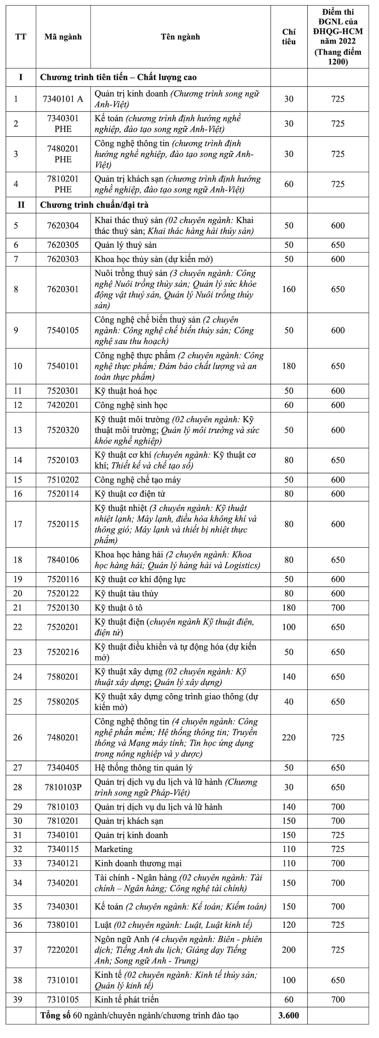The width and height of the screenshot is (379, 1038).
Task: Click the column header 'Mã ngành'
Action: point(63,37)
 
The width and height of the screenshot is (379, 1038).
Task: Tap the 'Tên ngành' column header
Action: point(180,37)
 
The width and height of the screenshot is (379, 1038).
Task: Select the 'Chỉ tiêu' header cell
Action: point(289,37)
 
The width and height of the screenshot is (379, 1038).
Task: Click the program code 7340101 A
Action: point(63,99)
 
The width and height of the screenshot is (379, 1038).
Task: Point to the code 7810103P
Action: point(63,787)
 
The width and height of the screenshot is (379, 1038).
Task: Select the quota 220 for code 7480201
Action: point(289,737)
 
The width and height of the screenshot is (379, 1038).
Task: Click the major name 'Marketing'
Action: point(113,849)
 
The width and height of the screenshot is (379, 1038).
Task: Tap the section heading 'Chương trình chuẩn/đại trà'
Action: point(94,205)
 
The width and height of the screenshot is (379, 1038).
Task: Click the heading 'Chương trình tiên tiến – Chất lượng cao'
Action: point(118,77)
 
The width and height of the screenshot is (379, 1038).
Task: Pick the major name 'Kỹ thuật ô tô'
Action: point(119,607)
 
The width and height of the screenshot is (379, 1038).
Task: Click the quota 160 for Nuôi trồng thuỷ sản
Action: point(289,289)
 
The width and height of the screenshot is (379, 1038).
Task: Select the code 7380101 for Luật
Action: point(63,925)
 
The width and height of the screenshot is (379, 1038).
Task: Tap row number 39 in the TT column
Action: point(18,1000)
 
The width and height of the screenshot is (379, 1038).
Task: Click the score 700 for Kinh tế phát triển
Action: point(338,1000)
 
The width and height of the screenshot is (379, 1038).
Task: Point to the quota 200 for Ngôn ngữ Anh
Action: point(289,950)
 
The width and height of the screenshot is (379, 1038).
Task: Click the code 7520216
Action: point(63,652)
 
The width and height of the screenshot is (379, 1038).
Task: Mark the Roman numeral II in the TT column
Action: point(20,205)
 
